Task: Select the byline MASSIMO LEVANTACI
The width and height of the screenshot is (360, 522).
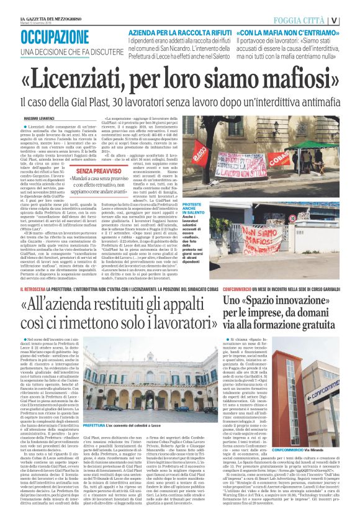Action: [x=42, y=117]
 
